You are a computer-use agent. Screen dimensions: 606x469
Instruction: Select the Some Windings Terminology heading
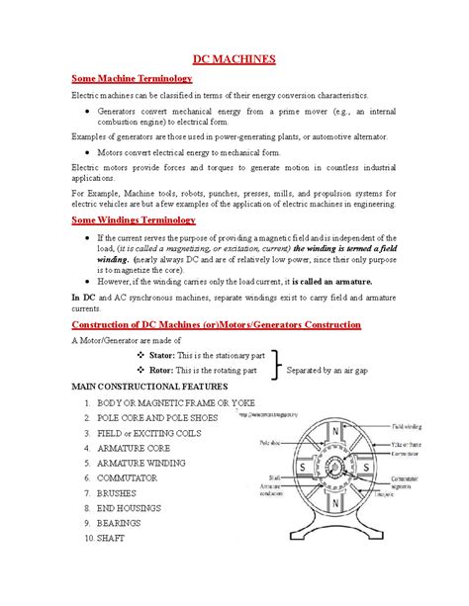pos(133,219)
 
